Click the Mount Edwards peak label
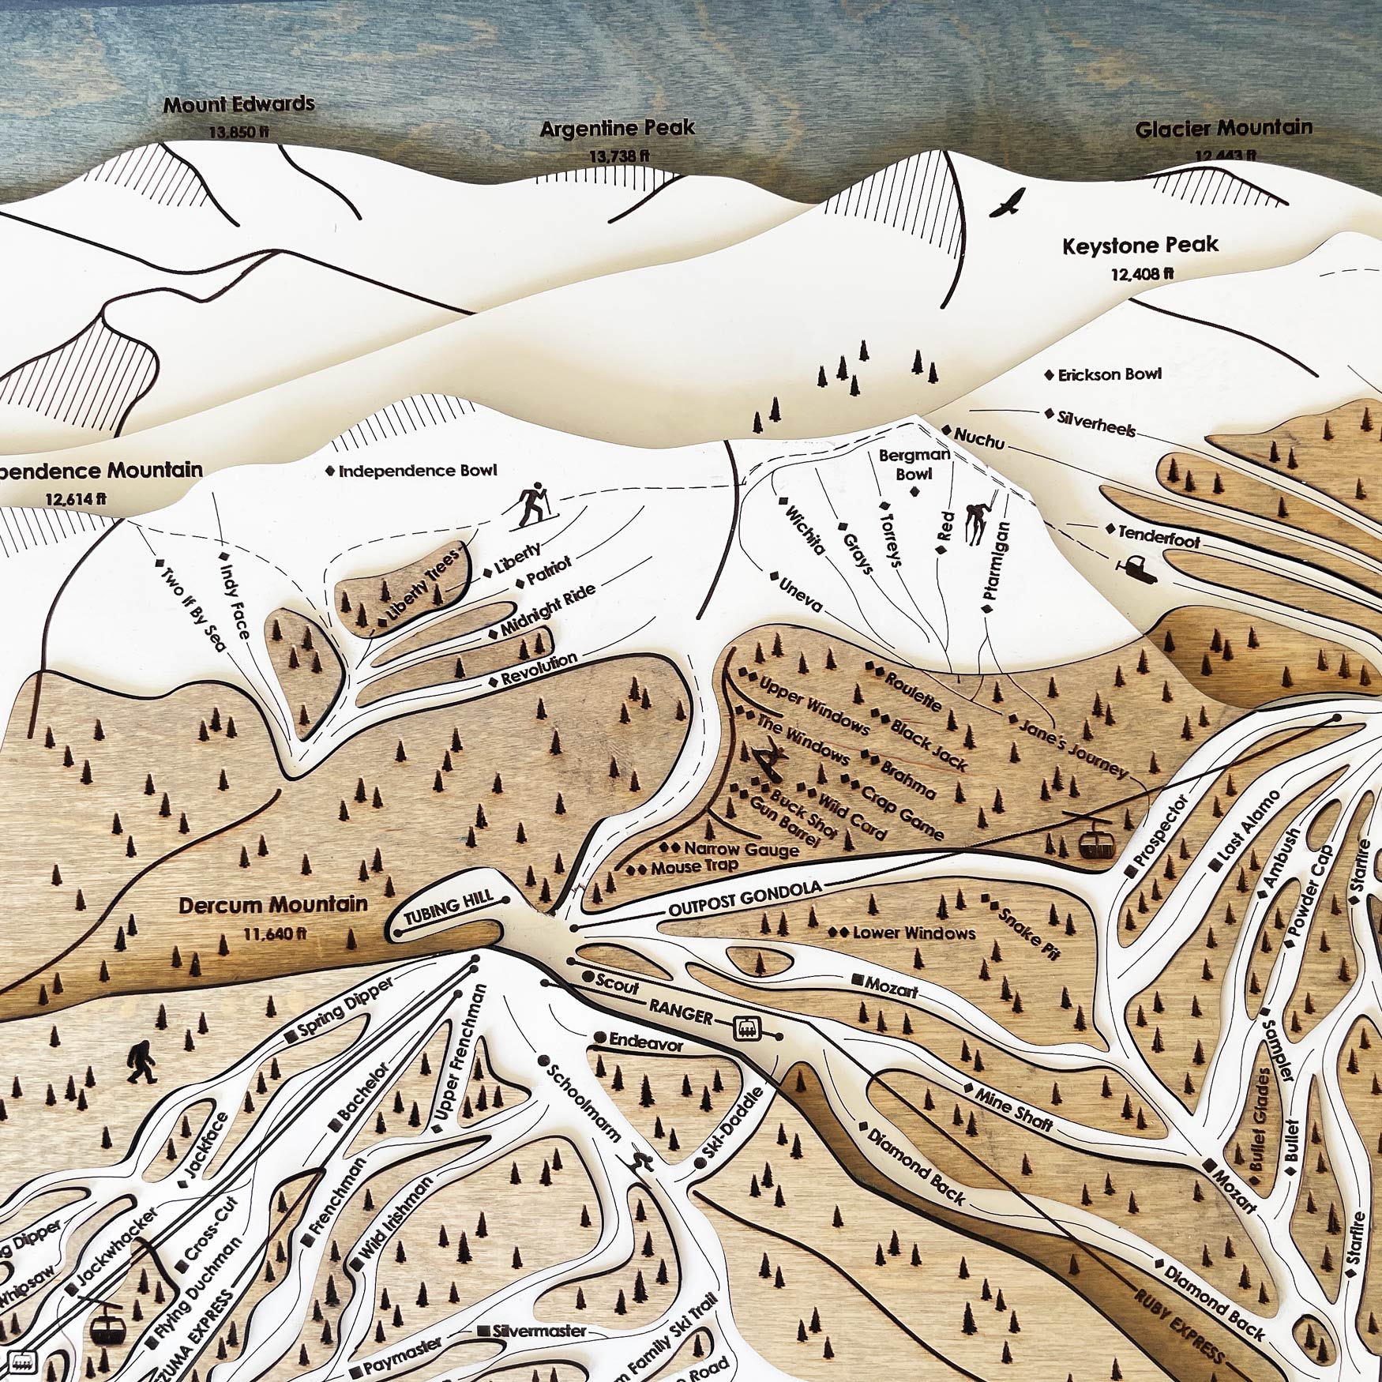[x=238, y=104]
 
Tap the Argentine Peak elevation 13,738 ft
[x=618, y=156]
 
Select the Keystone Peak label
[x=1140, y=246]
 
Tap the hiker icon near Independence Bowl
[x=534, y=505]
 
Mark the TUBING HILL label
[x=449, y=908]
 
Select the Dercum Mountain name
[x=273, y=905]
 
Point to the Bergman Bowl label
[x=914, y=464]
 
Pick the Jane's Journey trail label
[x=1074, y=747]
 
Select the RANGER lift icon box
[x=746, y=1028]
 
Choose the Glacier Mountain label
[x=1223, y=128]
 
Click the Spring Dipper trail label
[x=345, y=1010]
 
